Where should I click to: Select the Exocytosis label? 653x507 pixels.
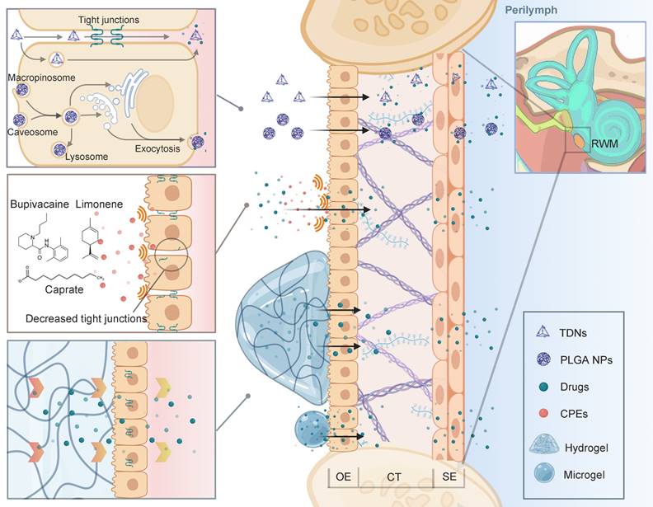pyautogui.click(x=159, y=150)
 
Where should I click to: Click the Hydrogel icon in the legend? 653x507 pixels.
pyautogui.click(x=544, y=443)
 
